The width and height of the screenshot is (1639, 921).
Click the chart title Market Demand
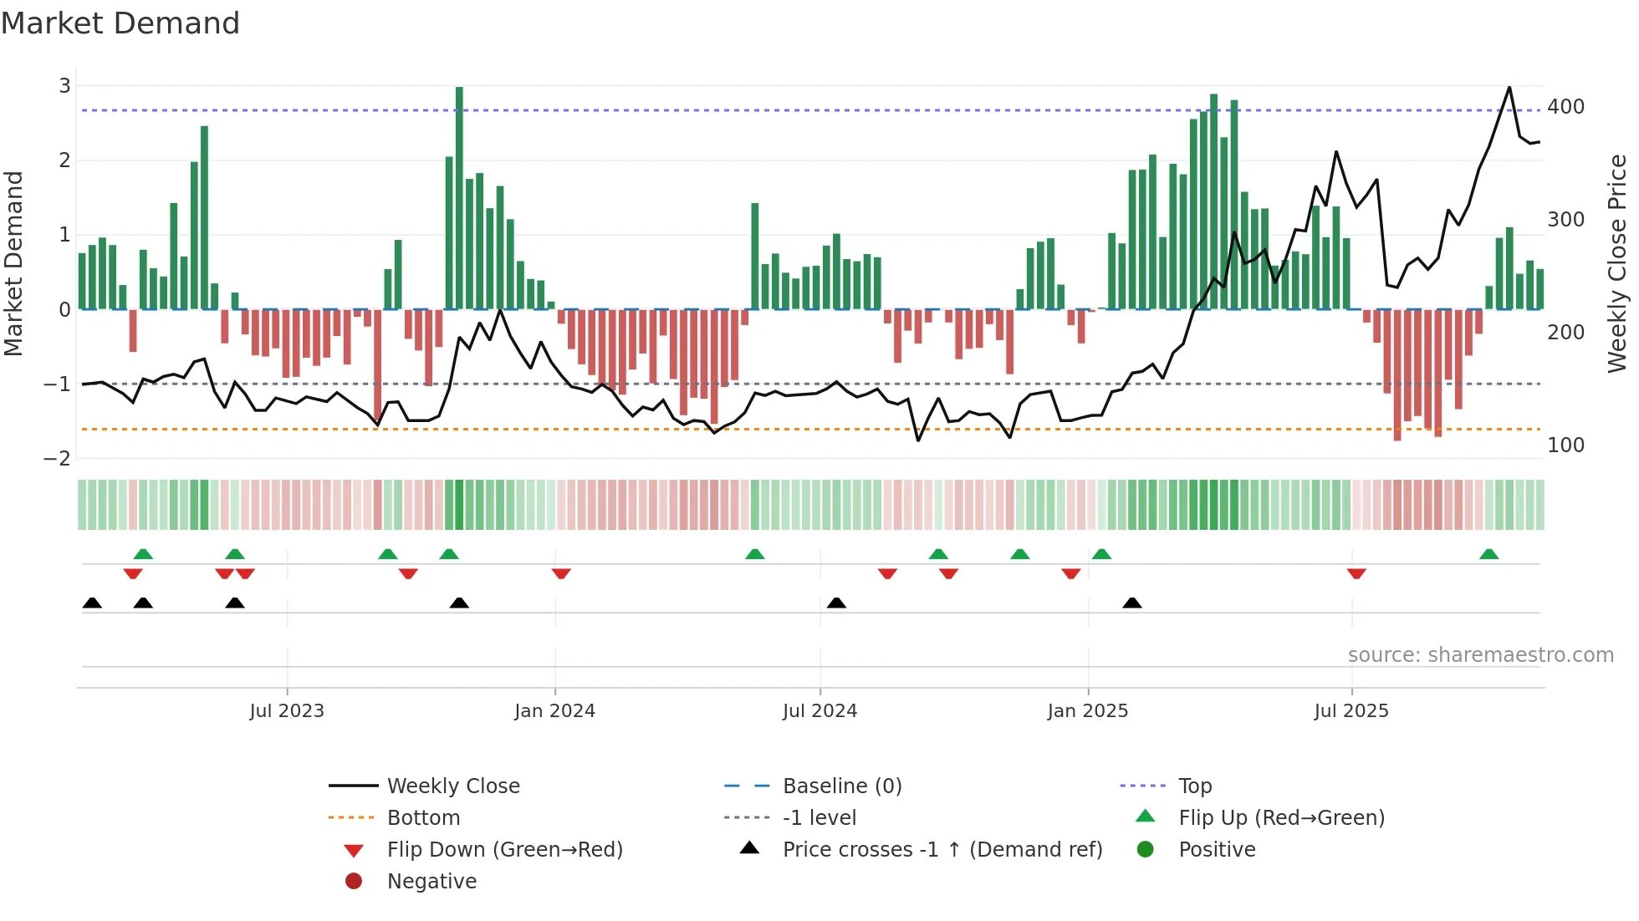click(120, 23)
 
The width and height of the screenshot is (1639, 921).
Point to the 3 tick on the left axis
click(64, 85)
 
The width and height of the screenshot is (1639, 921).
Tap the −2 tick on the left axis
click(58, 458)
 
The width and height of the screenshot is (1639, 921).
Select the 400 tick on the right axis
click(1565, 107)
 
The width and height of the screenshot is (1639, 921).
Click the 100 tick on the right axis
click(1565, 445)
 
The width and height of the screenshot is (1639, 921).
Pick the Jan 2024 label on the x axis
click(554, 711)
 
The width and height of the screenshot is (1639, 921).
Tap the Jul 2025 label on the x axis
click(1351, 711)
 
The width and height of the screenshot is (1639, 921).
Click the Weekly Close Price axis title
click(1617, 263)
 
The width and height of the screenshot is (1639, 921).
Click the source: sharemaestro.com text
click(1480, 655)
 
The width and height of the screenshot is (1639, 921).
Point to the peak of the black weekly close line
click(1509, 87)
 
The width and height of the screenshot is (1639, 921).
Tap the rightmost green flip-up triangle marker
click(1488, 554)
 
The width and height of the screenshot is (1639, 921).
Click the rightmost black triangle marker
click(1132, 603)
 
